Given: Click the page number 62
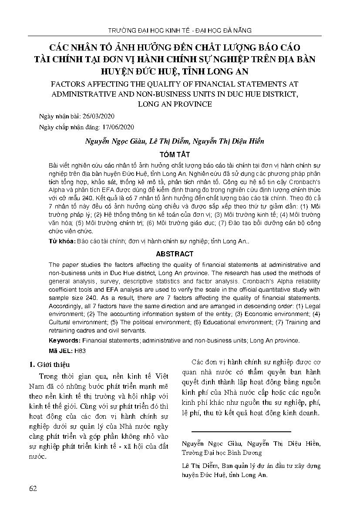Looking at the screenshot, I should (x=33, y=488).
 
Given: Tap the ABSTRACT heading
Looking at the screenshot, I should (x=180, y=254).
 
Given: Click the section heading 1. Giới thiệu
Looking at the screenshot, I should (x=49, y=364).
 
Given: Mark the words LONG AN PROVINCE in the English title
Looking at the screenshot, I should (x=180, y=104).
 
